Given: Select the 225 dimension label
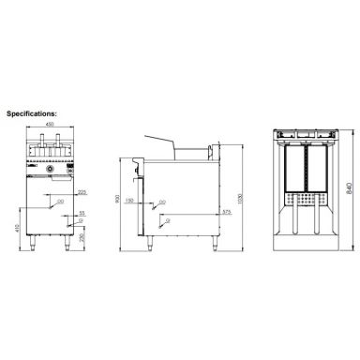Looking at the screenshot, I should point(82,193).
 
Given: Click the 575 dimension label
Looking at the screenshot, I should point(225,212).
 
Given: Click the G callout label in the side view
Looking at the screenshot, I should point(166,217).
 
